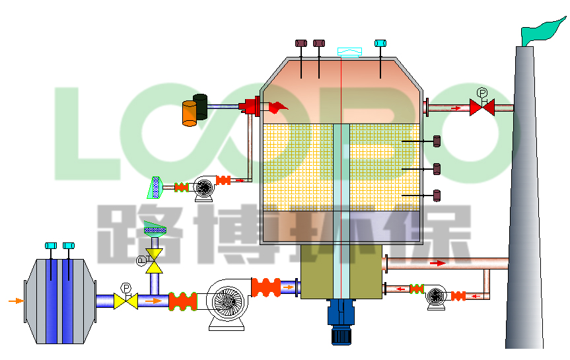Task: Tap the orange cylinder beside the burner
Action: click(x=190, y=114)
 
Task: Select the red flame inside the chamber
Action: click(x=278, y=106)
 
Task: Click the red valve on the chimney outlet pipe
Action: click(x=481, y=107)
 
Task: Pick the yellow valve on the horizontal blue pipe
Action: click(x=125, y=301)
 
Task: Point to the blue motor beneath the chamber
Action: click(x=341, y=322)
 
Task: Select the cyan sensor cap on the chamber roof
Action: click(x=380, y=44)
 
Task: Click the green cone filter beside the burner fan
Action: click(x=156, y=188)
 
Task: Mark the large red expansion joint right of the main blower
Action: click(x=266, y=287)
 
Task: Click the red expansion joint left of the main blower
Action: click(x=183, y=301)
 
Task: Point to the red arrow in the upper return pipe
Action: click(x=438, y=263)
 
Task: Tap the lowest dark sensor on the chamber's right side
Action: click(x=437, y=195)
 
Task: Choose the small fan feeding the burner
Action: click(x=203, y=188)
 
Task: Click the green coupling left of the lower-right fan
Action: click(x=416, y=289)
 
